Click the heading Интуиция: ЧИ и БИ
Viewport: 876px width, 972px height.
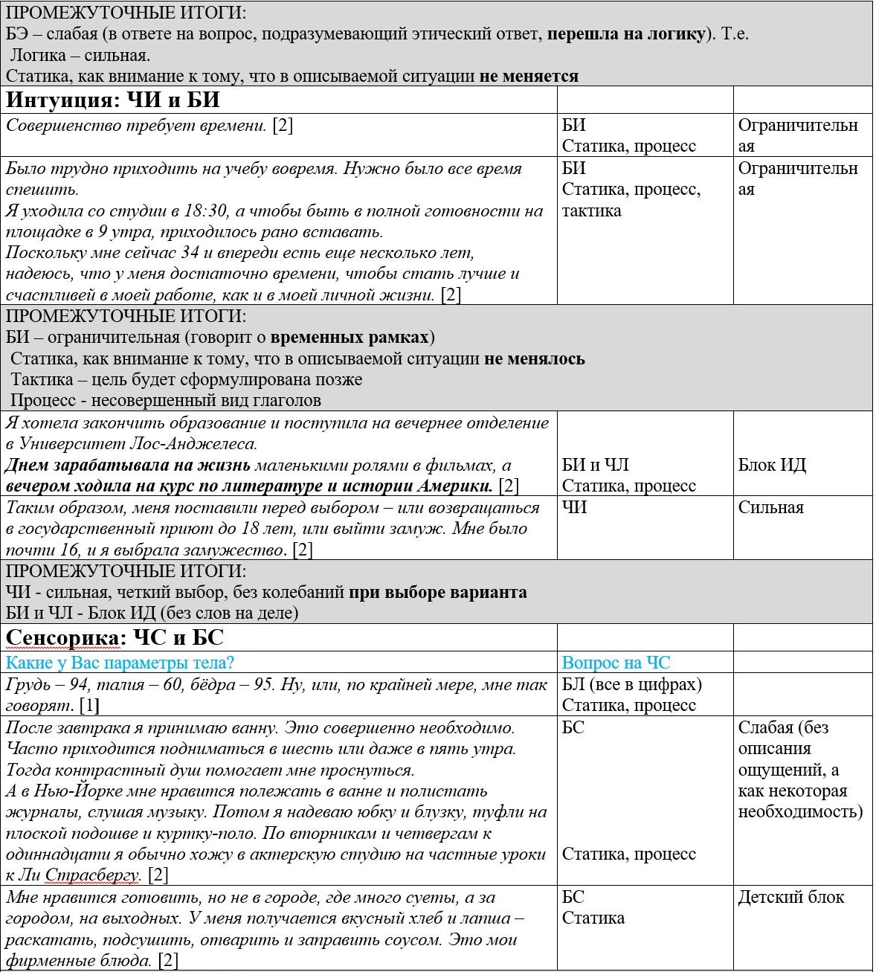[x=112, y=100]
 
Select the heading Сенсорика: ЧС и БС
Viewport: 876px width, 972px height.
[x=115, y=638]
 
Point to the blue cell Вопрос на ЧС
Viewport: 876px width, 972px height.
[x=616, y=663]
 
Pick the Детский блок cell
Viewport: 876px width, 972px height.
[x=790, y=897]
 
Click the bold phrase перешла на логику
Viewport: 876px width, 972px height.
[x=626, y=33]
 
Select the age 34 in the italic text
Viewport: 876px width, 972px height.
[x=190, y=253]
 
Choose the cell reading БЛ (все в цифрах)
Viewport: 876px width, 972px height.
[x=631, y=684]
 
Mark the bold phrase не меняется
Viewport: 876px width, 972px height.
[x=529, y=76]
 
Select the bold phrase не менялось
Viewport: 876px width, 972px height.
[x=534, y=358]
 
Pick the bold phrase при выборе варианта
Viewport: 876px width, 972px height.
[x=437, y=593]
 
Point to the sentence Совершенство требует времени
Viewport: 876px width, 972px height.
[x=136, y=125]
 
